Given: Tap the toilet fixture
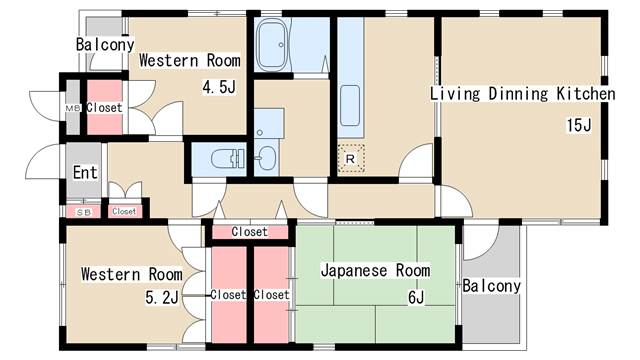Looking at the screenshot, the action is tap(227, 158).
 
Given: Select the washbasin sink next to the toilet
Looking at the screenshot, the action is tap(267, 158).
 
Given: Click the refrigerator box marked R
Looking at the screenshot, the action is tap(351, 158).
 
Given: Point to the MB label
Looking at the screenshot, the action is tap(73, 109).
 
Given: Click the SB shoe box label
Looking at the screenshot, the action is tap(84, 212).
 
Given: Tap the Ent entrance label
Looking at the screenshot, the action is tap(85, 173).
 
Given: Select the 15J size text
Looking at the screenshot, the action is tap(578, 125).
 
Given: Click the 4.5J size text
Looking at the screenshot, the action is tap(219, 87).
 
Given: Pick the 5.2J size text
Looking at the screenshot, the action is tap(162, 298).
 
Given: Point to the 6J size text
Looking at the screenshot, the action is tap(416, 298).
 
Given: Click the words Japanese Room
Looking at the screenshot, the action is tap(375, 271).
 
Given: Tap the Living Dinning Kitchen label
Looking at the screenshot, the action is tap(523, 93).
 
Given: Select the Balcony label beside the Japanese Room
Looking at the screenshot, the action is tap(491, 286).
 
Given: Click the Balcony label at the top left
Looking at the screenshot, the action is tap(105, 44).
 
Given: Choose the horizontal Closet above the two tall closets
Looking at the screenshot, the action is tap(249, 232).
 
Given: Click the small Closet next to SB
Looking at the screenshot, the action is tap(124, 211).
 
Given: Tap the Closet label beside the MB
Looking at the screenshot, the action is tap(104, 108).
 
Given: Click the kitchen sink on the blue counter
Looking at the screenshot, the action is tap(350, 105).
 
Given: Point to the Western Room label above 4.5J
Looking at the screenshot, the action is tap(190, 60).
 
